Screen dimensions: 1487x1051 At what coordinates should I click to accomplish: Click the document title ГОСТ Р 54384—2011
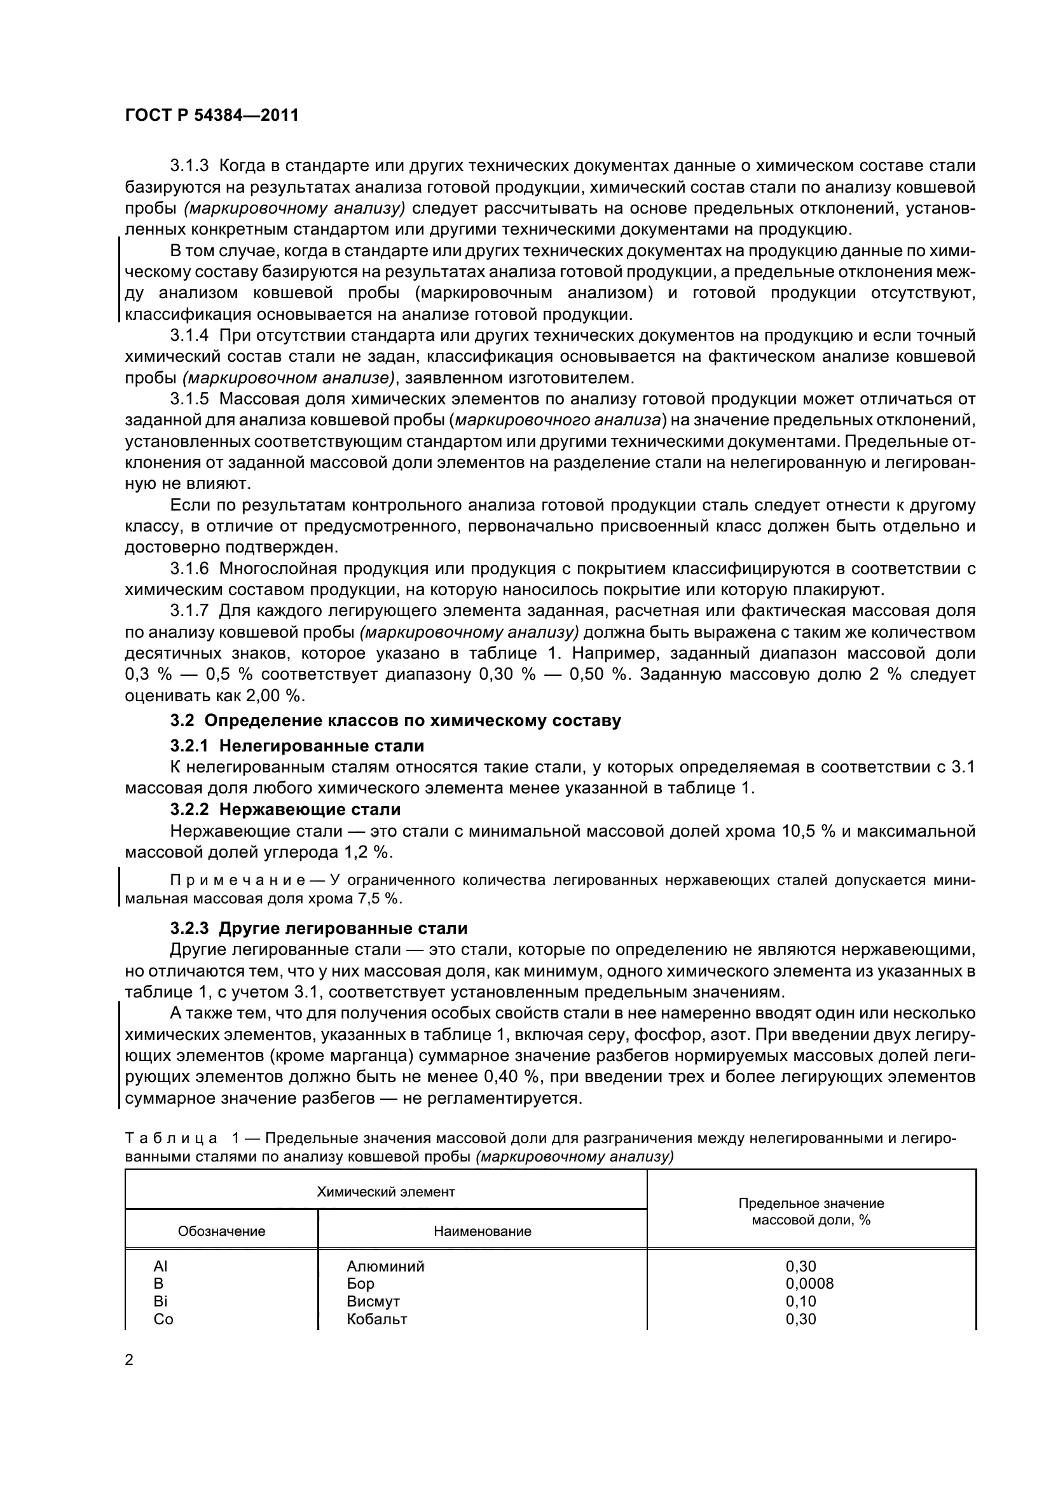pyautogui.click(x=211, y=115)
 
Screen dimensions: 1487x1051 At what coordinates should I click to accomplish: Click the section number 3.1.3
pyautogui.click(x=189, y=166)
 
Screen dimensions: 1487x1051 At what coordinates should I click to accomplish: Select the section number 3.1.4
pyautogui.click(x=189, y=336)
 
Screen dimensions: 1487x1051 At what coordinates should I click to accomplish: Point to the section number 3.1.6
pyautogui.click(x=189, y=568)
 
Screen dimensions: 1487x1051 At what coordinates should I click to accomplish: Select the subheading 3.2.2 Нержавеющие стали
pyautogui.click(x=285, y=809)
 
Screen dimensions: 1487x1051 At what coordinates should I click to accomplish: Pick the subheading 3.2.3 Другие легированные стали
pyautogui.click(x=319, y=928)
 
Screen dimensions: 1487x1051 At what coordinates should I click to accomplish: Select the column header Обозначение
pyautogui.click(x=221, y=1231)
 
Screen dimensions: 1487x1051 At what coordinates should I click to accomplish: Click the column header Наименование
pyautogui.click(x=482, y=1231)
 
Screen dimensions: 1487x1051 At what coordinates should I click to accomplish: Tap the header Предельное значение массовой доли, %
pyautogui.click(x=811, y=1211)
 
